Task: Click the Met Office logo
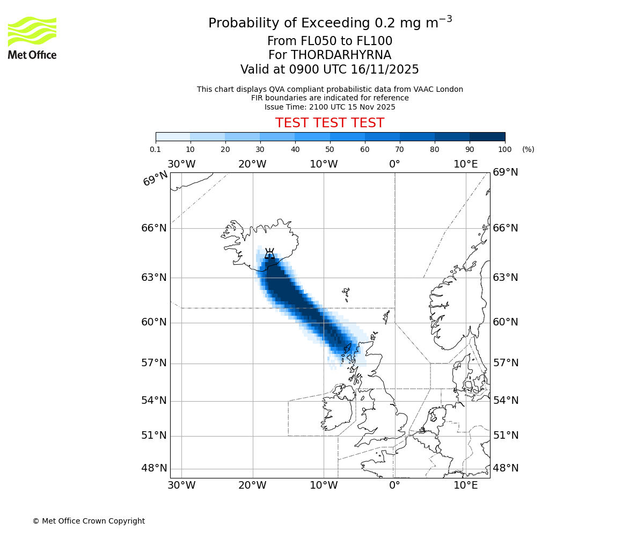click(32, 38)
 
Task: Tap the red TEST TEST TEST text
click(330, 123)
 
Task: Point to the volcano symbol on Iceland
click(270, 253)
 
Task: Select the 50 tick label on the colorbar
click(330, 149)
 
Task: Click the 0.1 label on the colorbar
click(156, 149)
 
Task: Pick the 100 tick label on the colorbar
click(505, 149)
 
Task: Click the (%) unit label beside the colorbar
click(528, 149)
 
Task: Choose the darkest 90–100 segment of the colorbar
click(487, 136)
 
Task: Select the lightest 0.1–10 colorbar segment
click(173, 136)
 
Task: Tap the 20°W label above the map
click(252, 164)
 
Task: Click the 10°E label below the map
click(466, 485)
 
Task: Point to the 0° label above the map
click(394, 164)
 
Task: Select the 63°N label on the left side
click(154, 278)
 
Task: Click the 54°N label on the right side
click(506, 401)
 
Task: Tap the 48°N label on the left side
click(154, 468)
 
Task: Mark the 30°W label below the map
click(181, 485)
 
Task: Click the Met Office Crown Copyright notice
click(89, 521)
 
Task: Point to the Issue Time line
click(330, 107)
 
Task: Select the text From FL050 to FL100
click(330, 41)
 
